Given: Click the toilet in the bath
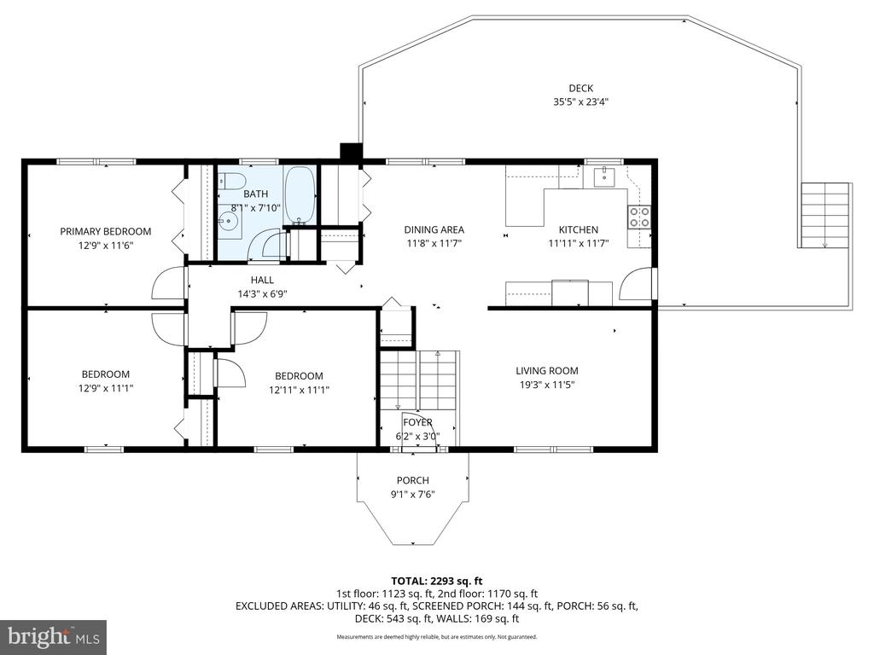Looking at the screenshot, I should pos(232,181).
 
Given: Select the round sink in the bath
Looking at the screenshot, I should pos(229,223).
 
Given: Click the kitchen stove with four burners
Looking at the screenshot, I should pos(639,217).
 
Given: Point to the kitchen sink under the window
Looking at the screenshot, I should pos(604,177).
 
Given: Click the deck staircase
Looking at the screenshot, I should pos(825,215).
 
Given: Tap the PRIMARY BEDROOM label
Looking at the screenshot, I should pos(105,231).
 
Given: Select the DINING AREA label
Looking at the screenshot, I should pos(434,229).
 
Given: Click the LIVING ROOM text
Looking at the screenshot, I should pos(546,370).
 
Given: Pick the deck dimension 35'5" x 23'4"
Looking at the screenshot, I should pos(580,101).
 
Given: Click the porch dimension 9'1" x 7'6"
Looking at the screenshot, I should pos(412,494).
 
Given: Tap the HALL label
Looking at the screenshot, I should pos(262,280).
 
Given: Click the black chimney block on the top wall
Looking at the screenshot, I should pos(351,152).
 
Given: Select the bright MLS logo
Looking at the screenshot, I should pos(53,636).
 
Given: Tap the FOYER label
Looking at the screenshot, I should pos(417,422).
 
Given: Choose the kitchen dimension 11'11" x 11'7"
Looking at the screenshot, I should pos(578,243).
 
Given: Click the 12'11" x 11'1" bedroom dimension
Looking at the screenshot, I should pos(299,390).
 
